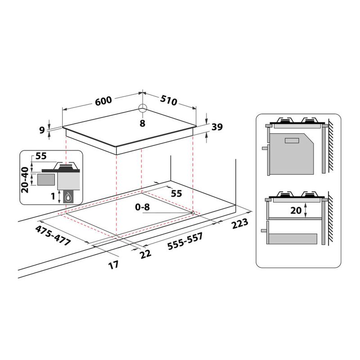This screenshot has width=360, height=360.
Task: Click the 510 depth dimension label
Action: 168,101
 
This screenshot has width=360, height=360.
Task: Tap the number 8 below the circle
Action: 142,123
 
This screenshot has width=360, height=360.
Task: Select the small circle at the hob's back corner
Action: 142,108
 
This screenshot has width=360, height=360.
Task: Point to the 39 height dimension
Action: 217,127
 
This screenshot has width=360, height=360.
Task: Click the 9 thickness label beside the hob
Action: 42,130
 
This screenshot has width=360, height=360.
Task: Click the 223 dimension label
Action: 239,225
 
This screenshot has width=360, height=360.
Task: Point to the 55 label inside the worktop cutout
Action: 176,193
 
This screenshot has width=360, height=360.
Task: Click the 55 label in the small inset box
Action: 41,157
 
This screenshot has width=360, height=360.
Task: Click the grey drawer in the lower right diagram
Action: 295,235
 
